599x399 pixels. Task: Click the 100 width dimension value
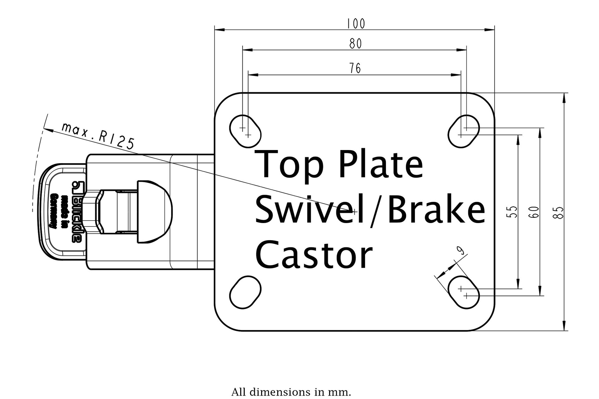[x=355, y=24]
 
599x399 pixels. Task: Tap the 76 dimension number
[x=355, y=68]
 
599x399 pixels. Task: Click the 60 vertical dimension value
[x=534, y=212]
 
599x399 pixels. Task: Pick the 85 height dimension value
[x=558, y=212]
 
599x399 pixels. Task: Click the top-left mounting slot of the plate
[x=245, y=131]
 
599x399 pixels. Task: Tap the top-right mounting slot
[x=464, y=131]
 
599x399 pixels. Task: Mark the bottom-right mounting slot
[x=464, y=292]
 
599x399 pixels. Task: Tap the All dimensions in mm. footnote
[x=291, y=392]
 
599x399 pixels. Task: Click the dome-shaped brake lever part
[x=154, y=212]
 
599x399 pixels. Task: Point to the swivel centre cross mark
[x=354, y=212]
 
